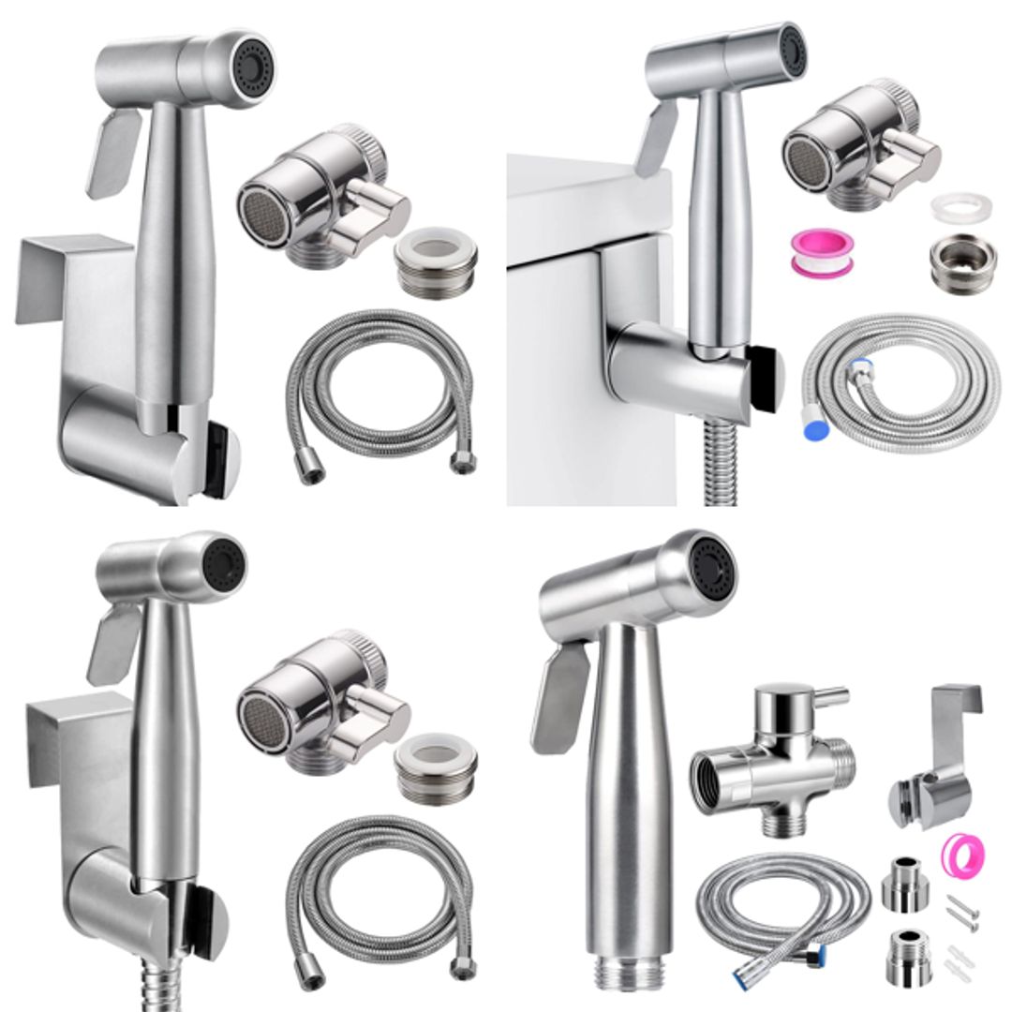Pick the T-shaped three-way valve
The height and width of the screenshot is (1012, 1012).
point(774,759)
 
